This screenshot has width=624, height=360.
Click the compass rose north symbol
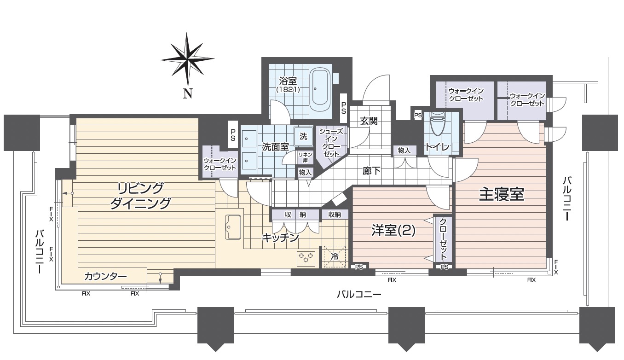(187, 59)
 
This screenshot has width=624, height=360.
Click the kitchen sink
(232, 227)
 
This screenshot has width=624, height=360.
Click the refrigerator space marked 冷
(335, 256)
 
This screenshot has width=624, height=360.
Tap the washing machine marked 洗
(303, 136)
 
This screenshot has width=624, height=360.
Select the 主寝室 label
(502, 194)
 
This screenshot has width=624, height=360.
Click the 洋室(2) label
(393, 231)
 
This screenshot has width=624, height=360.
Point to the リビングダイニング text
(140, 196)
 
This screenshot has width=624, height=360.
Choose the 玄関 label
(369, 121)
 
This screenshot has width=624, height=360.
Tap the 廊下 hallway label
(372, 171)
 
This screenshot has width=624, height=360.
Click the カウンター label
(105, 276)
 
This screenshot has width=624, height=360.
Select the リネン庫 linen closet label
(305, 157)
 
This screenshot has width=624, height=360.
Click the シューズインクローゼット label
(331, 142)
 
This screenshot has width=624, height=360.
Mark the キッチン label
(281, 238)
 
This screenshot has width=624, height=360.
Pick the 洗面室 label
(275, 147)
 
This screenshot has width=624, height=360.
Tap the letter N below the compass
(187, 93)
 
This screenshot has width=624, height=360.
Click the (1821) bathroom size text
(288, 89)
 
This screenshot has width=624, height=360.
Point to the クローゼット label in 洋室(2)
(443, 238)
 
